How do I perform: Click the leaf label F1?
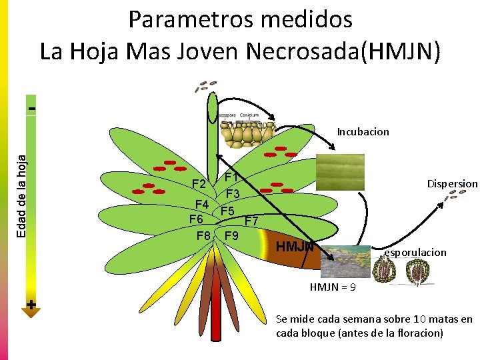tap(232, 177)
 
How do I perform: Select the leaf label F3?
tap(232, 194)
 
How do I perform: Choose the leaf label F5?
tap(228, 211)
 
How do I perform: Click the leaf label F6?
tap(196, 219)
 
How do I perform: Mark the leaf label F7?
tap(252, 220)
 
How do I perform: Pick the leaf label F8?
tap(204, 236)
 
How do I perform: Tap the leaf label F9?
tap(232, 236)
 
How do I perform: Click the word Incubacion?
tap(363, 132)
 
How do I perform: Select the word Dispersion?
tap(452, 183)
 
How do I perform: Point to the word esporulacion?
tap(415, 253)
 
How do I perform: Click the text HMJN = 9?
tap(333, 287)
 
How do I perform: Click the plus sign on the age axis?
tap(31, 305)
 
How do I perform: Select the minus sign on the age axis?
tap(31, 107)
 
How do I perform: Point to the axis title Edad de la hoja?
tap(23, 193)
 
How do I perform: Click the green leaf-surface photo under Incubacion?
tap(340, 173)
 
